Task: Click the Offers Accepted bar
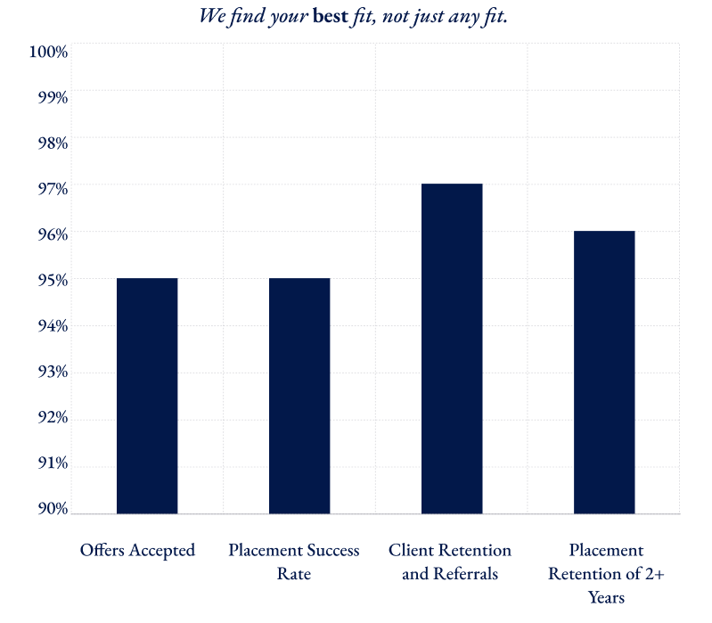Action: point(147,396)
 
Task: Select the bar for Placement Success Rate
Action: point(299,396)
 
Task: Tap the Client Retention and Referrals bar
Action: point(452,348)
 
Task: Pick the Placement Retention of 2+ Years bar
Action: point(604,372)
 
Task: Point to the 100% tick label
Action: point(48,52)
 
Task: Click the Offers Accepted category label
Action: point(137,550)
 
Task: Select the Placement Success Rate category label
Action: point(294,562)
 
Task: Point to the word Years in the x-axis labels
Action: point(606,597)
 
